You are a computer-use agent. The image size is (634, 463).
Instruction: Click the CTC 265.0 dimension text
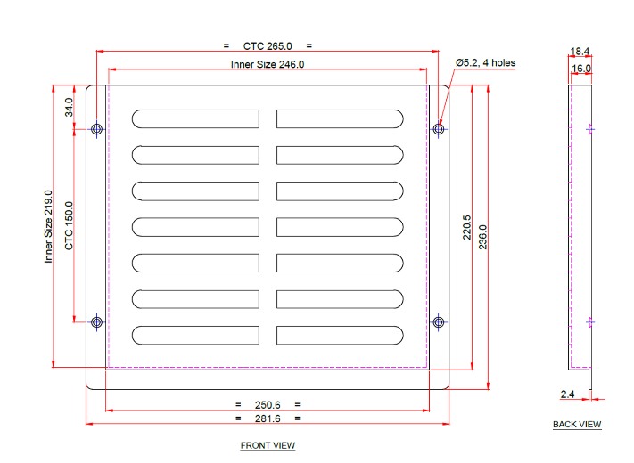coord(268,45)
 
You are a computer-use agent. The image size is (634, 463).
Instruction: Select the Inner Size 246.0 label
coord(268,64)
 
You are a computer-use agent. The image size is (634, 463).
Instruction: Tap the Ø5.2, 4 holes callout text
coord(485,63)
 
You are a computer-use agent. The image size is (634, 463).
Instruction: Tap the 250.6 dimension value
coord(268,404)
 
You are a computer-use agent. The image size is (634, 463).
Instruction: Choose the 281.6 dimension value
coord(268,418)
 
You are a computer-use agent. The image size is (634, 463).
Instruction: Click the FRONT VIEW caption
coord(268,445)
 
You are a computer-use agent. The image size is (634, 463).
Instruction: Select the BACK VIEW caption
coord(577,425)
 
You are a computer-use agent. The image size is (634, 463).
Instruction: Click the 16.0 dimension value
coord(580,68)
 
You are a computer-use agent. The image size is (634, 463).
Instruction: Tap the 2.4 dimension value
coord(568,393)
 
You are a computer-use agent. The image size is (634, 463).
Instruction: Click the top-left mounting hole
coord(97,130)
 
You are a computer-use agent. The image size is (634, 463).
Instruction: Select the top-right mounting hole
coord(438,130)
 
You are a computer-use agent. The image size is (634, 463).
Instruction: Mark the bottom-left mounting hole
coord(97,321)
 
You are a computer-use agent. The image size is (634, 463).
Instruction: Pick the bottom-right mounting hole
coord(438,321)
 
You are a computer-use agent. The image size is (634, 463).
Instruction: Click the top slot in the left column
coord(195,118)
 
